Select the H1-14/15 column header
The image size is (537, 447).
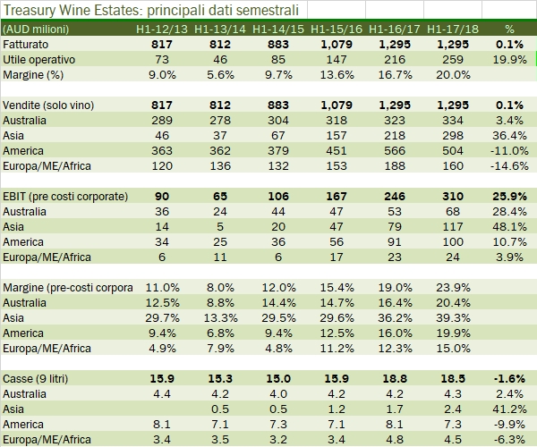(277, 29)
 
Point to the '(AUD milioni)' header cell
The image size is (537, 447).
(38, 29)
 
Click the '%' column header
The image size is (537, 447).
(510, 29)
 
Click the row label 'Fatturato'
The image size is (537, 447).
(27, 44)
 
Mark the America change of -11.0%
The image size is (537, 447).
(507, 150)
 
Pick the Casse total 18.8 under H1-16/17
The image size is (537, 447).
(390, 379)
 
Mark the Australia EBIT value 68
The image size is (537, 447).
(448, 212)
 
